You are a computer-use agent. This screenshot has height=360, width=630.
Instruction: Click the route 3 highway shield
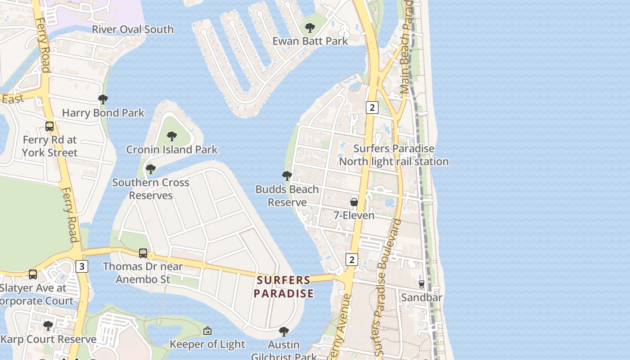click(x=81, y=266)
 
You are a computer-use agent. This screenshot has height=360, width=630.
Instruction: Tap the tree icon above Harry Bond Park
click(x=103, y=99)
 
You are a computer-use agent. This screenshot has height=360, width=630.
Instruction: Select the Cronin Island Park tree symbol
click(x=171, y=136)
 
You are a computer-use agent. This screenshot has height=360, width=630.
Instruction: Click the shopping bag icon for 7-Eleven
click(x=354, y=202)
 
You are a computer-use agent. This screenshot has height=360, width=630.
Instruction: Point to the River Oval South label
click(x=133, y=30)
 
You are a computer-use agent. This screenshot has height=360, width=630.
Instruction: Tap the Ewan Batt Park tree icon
click(x=310, y=28)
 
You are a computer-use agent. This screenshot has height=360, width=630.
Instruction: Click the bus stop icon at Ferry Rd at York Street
click(x=49, y=126)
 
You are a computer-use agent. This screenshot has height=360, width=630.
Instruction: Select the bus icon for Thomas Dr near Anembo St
click(x=143, y=253)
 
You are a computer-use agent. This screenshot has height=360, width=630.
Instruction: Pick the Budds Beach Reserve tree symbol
click(x=287, y=176)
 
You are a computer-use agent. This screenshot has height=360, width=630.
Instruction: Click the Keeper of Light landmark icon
click(x=207, y=331)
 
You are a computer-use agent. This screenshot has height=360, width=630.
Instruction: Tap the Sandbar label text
click(x=422, y=297)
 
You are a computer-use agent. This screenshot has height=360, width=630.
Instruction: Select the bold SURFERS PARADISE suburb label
click(x=283, y=287)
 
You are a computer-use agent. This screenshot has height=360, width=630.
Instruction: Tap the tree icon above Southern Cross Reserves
click(x=151, y=170)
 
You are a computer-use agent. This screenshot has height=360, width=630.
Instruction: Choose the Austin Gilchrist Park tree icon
click(x=283, y=332)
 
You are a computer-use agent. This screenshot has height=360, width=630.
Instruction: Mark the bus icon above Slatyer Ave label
click(x=33, y=274)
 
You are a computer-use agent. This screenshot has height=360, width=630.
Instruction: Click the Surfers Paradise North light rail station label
click(x=394, y=155)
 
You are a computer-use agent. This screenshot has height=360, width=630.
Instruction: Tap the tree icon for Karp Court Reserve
click(x=48, y=325)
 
